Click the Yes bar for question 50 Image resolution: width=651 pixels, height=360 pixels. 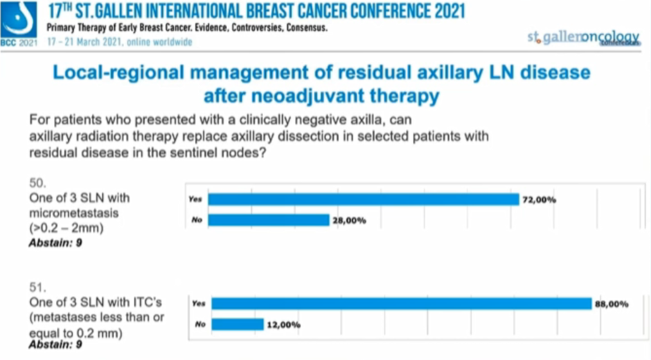(363, 199)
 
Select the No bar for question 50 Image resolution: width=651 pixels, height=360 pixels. (268, 220)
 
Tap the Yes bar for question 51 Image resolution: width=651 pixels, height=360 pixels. (401, 303)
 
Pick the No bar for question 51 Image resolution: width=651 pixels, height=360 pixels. (238, 324)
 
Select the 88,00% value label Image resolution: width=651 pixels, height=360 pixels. (612, 303)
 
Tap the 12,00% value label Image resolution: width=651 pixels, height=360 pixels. (283, 324)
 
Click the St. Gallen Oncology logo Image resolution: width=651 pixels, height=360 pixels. (582, 37)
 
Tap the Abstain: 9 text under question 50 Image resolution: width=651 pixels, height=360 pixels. (56, 242)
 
